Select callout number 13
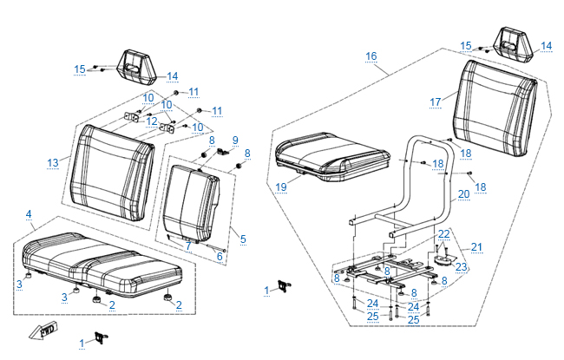click(x=53, y=163)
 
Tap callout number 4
click(x=29, y=214)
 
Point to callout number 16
click(x=371, y=56)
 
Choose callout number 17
click(x=436, y=102)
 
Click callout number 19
click(x=281, y=187)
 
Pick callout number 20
click(x=464, y=194)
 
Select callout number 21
click(x=476, y=247)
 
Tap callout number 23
click(x=461, y=267)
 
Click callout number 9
click(x=235, y=141)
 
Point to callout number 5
click(x=243, y=239)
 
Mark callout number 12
click(x=152, y=121)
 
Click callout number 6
click(x=220, y=257)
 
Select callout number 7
click(x=188, y=246)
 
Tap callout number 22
click(x=444, y=234)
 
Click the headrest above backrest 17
click(x=514, y=45)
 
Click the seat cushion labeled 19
click(x=332, y=156)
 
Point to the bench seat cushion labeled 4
click(x=102, y=265)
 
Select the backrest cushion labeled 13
click(x=112, y=173)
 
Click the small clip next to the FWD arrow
click(x=101, y=337)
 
